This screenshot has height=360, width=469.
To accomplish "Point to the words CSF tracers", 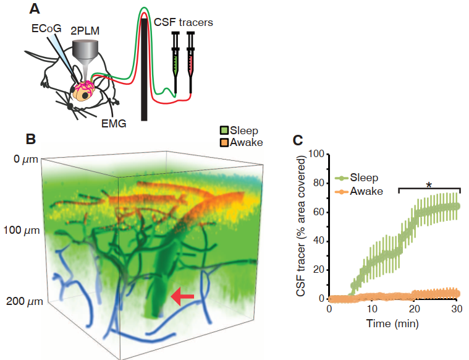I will click(183, 22).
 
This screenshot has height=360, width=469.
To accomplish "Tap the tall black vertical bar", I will click(144, 68).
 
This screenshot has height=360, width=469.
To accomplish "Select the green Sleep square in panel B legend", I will click(224, 131).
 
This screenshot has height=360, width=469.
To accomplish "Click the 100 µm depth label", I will click(22, 230).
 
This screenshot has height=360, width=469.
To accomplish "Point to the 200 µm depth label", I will click(22, 302).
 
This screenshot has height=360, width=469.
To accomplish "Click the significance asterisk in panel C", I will click(429, 184).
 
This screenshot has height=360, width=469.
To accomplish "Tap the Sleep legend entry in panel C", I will click(361, 178).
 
